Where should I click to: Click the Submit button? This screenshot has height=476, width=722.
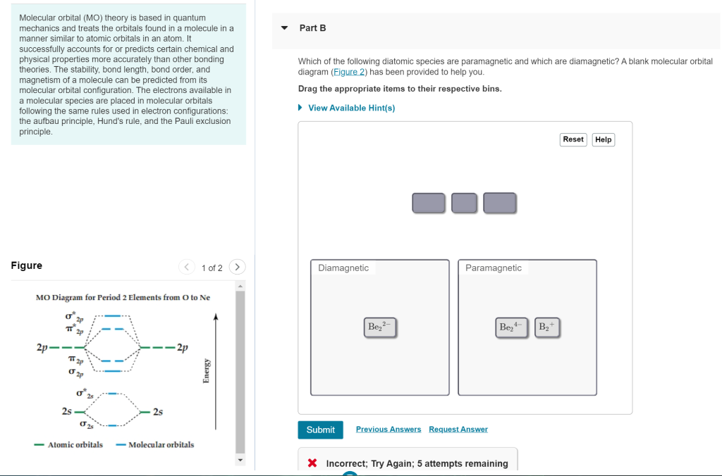point(320,430)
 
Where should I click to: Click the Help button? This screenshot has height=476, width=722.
point(603,139)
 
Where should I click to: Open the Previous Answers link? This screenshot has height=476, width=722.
point(388,430)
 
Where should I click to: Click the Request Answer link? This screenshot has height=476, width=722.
point(458,430)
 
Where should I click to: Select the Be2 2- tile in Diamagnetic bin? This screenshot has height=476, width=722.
point(381,327)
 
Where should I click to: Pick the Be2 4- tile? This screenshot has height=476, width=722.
point(512,327)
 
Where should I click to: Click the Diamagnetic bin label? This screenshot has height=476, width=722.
point(343,268)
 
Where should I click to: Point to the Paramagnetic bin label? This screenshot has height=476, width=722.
point(494,268)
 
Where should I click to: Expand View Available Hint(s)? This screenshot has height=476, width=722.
point(351,108)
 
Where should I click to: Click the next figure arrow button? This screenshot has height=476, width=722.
point(238,267)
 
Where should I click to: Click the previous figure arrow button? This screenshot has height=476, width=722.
point(187,267)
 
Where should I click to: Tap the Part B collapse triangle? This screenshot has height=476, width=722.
point(284,28)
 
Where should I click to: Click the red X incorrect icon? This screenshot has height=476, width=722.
point(312,463)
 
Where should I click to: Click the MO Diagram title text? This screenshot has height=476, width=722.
point(123,297)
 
